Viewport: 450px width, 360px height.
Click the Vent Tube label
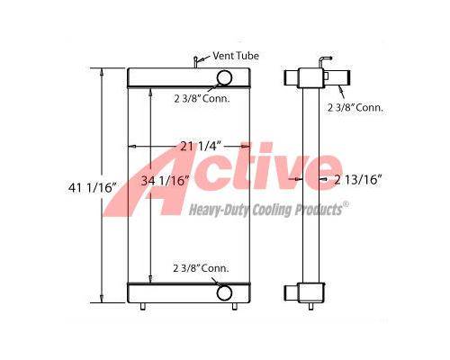pyautogui.click(x=236, y=56)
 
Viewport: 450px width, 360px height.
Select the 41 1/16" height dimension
pyautogui.click(x=92, y=188)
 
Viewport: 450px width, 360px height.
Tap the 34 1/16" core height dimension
pyautogui.click(x=165, y=181)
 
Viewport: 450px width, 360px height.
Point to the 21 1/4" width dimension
pyautogui.click(x=201, y=146)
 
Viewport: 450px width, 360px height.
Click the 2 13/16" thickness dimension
pyautogui.click(x=357, y=180)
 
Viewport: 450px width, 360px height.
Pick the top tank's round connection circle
pyautogui.click(x=224, y=77)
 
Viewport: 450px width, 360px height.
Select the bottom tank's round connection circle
pyautogui.click(x=224, y=292)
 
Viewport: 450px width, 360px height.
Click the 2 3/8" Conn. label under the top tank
pyautogui.click(x=202, y=98)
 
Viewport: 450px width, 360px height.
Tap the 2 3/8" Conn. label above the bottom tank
pyautogui.click(x=201, y=268)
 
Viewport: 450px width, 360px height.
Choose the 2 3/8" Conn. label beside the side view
pyautogui.click(x=355, y=107)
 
